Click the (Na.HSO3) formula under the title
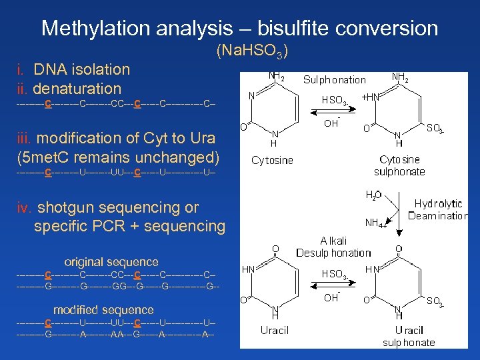click(x=252, y=51)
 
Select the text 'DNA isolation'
click(x=81, y=69)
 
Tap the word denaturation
click(x=77, y=89)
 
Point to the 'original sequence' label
click(x=111, y=262)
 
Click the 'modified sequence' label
click(x=103, y=310)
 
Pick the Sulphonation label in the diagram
click(x=335, y=80)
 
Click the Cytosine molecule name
click(x=272, y=161)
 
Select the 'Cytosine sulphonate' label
click(x=399, y=166)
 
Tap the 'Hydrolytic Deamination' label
click(x=438, y=209)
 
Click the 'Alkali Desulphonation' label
click(x=333, y=247)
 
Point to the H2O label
click(x=373, y=195)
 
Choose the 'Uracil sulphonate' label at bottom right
click(x=409, y=336)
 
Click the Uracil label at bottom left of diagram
click(x=275, y=331)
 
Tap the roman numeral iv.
click(x=24, y=207)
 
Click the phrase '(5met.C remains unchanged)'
click(x=118, y=157)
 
